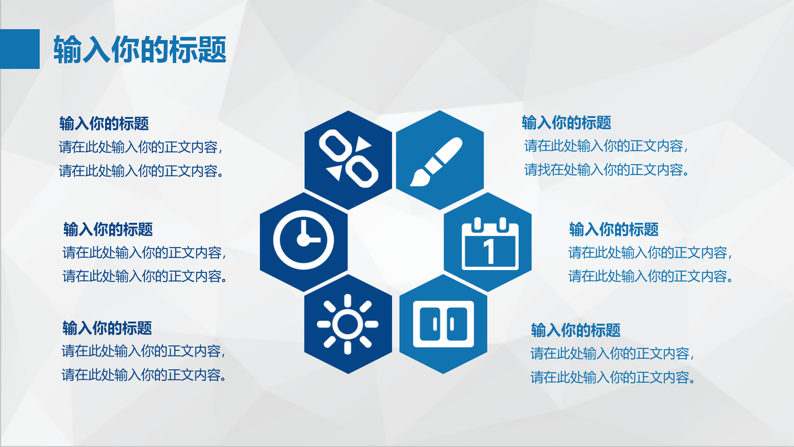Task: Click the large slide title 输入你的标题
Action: (140, 49)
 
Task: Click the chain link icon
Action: (348, 160)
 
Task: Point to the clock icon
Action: (303, 241)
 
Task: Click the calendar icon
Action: (489, 243)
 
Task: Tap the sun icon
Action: (347, 323)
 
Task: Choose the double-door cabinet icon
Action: (443, 323)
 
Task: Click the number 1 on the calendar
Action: (489, 251)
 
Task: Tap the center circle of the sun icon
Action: (347, 324)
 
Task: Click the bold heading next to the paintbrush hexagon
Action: (566, 123)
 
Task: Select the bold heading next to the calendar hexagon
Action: (613, 230)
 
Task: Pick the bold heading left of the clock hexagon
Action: (108, 230)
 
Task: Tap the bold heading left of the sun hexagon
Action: (107, 328)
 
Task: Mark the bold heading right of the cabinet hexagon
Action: (576, 330)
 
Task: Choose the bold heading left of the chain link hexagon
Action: (104, 124)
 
